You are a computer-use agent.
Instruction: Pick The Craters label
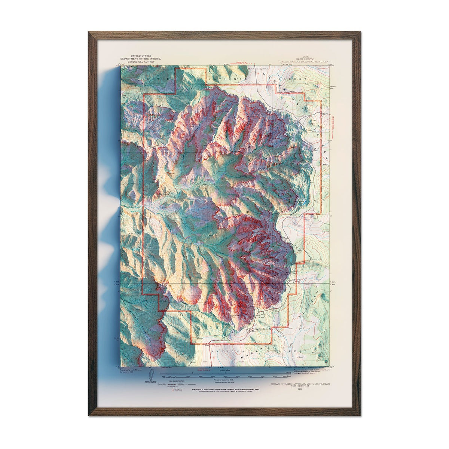click(321, 354)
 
